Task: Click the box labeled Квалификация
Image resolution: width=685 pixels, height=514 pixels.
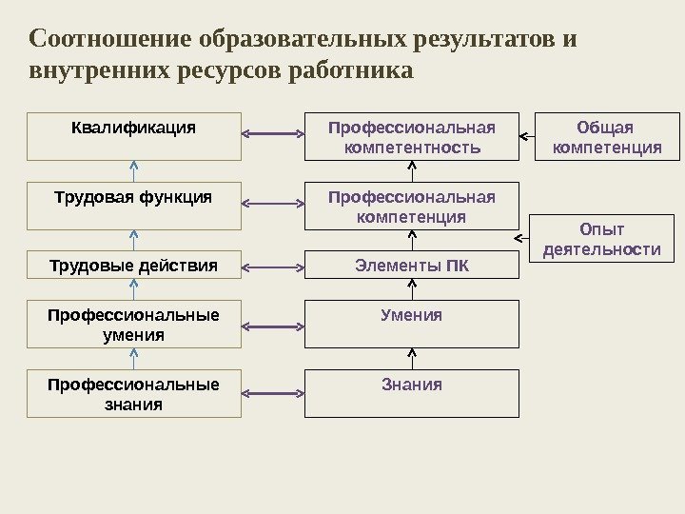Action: (x=134, y=136)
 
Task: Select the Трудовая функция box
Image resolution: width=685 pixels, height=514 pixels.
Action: (x=134, y=206)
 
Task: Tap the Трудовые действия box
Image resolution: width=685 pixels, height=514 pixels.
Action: (x=134, y=265)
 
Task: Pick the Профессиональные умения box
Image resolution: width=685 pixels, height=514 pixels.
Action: (x=134, y=325)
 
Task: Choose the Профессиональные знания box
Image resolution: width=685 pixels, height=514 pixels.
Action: (x=134, y=394)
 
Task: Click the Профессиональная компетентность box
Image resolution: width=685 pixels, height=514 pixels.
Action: (x=412, y=136)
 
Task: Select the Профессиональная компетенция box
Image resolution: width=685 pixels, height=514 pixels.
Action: (x=412, y=206)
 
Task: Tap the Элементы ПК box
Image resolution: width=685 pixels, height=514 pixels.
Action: (x=412, y=265)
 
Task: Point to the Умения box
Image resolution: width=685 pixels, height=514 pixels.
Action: (x=412, y=325)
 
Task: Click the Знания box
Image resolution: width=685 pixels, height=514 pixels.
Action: (x=412, y=394)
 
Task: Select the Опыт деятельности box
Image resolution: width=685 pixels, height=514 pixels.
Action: (x=600, y=239)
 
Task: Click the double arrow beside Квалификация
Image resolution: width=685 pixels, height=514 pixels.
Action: (x=273, y=134)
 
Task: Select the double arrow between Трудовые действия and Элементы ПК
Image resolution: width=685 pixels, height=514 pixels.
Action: (x=273, y=265)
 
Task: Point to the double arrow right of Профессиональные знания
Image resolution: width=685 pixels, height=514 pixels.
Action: (x=273, y=391)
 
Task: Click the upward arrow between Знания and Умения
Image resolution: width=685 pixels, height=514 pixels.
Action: (x=412, y=358)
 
